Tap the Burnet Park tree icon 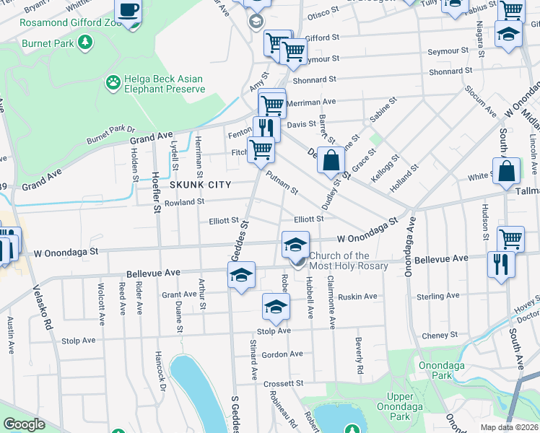(x=85, y=43)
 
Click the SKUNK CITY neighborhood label (x=200, y=185)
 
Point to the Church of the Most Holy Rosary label (x=349, y=261)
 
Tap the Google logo (x=24, y=424)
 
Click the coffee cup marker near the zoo (x=129, y=10)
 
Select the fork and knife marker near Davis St (x=266, y=128)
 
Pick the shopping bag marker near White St (x=507, y=170)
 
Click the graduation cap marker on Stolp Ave (x=275, y=307)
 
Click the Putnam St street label (x=282, y=183)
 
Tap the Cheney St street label (x=440, y=335)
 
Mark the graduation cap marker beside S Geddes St (x=242, y=274)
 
